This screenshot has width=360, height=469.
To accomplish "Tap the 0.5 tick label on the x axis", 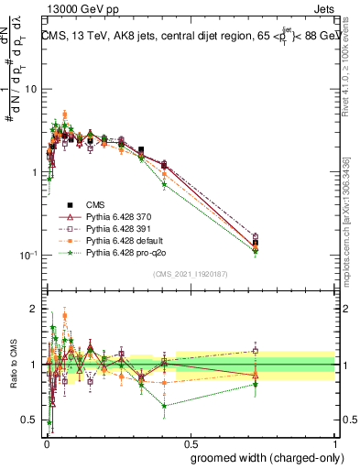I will [190, 443].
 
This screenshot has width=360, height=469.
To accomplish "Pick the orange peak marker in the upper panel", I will [65, 115].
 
